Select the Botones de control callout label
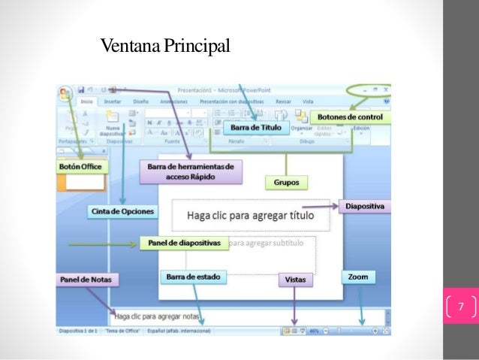pos(350,117)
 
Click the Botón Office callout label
pos(80,166)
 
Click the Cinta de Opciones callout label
pos(123,211)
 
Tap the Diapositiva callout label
pos(364,205)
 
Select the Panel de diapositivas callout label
pos(184,244)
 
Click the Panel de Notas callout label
pos(81,280)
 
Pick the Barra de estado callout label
pos(193,277)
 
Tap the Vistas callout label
pos(295,279)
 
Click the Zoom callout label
pos(358,277)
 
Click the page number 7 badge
pos(461,306)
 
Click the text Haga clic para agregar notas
pos(162,316)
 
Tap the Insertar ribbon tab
pos(113,100)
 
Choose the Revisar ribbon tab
pos(283,100)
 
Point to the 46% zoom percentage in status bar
pos(315,331)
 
